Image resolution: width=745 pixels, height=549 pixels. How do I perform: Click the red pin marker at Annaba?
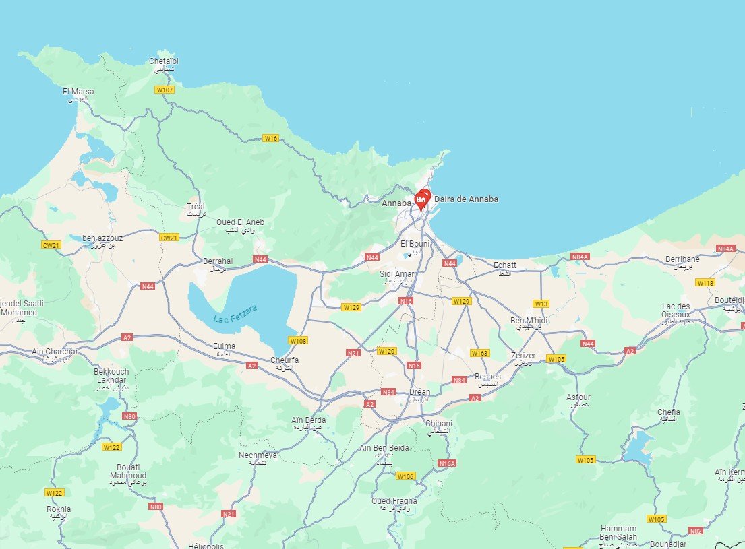pos(422,199)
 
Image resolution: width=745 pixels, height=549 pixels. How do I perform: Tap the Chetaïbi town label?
pos(164,61)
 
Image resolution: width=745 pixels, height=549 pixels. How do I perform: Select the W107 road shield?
pos(164,90)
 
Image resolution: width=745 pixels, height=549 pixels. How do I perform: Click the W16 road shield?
pos(270,138)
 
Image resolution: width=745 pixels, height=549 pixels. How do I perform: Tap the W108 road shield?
pos(299,341)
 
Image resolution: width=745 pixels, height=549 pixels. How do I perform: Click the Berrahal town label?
pos(217,261)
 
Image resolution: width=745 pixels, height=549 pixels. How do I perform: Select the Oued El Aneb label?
pos(240,222)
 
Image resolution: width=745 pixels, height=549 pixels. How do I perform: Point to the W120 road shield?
pos(387,351)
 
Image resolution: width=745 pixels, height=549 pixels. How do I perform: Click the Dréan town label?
pos(420,392)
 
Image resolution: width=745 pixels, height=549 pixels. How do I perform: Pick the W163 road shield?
pos(480,353)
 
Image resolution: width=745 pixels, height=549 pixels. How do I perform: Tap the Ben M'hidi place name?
pos(529,320)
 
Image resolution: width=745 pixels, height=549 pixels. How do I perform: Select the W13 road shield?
pos(541,303)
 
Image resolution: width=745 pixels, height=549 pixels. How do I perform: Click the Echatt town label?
pos(505,265)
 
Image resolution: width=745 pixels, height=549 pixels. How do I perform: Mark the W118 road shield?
pos(705,283)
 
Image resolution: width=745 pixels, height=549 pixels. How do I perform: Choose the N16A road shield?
pos(447,463)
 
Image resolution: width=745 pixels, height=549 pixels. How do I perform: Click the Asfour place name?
pos(578,397)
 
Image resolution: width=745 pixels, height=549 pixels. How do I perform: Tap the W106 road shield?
pos(405,476)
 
